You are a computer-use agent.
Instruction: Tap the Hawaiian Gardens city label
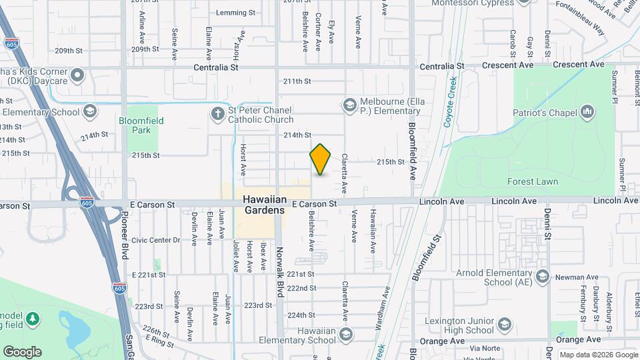pos(263,204)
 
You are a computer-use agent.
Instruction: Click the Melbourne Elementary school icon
pos(349,105)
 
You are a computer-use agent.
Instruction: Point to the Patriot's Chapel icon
pos(587,112)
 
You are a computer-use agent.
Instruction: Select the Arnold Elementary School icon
pos(543,276)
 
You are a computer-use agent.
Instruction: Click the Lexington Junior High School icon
pos(505,325)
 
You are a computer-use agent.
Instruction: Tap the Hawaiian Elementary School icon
pos(345,333)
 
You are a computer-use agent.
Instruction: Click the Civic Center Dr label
pos(156,240)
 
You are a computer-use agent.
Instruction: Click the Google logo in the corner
pos(22,352)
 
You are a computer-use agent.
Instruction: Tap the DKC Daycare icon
pos(79,75)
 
